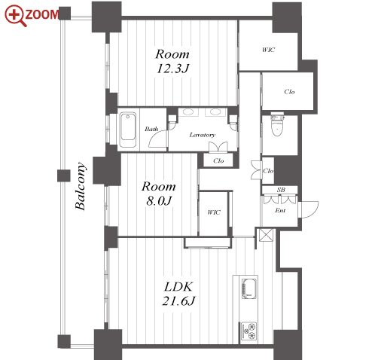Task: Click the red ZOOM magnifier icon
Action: coord(15,15)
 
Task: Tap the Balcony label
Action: coord(81,186)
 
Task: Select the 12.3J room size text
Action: coord(172,69)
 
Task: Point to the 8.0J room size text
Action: coord(160,201)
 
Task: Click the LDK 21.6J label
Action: coord(178,294)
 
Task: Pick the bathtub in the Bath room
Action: coord(128,130)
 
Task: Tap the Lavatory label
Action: coord(203,135)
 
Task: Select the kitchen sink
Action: coord(248,288)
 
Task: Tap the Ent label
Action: coord(280,210)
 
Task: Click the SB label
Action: coord(281,190)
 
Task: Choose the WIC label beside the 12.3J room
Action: coord(269,50)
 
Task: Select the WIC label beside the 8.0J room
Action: coord(214,212)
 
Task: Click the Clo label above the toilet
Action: coord(289,92)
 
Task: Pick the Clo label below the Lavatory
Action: coord(218,160)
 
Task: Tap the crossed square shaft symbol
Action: coord(266,235)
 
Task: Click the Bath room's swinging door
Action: coord(158,139)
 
